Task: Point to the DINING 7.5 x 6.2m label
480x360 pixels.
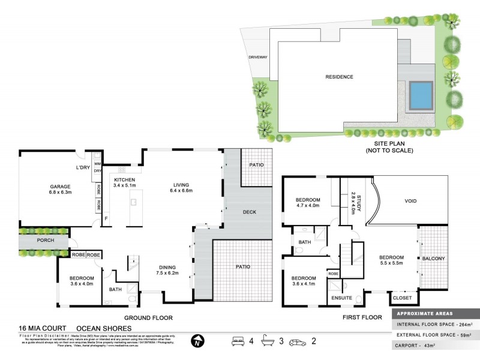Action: [174, 271]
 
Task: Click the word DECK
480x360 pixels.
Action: [250, 212]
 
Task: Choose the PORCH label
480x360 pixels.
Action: [45, 241]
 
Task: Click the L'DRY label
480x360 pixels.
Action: [82, 167]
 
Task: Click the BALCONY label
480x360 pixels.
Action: [433, 259]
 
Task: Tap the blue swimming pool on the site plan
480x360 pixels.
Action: [423, 95]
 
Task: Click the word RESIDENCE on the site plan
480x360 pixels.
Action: [339, 77]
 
